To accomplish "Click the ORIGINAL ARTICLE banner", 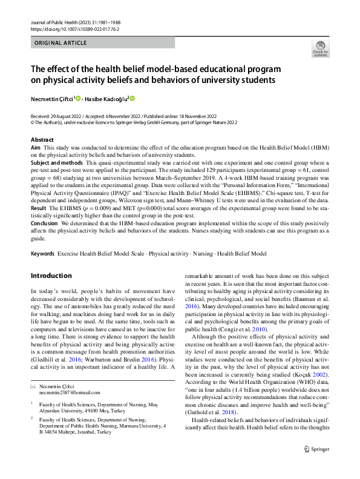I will click(x=61, y=44).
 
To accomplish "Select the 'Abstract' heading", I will click(x=42, y=139).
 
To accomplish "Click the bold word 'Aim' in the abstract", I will click(x=36, y=147).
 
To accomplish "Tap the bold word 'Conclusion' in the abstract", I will click(x=45, y=223).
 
